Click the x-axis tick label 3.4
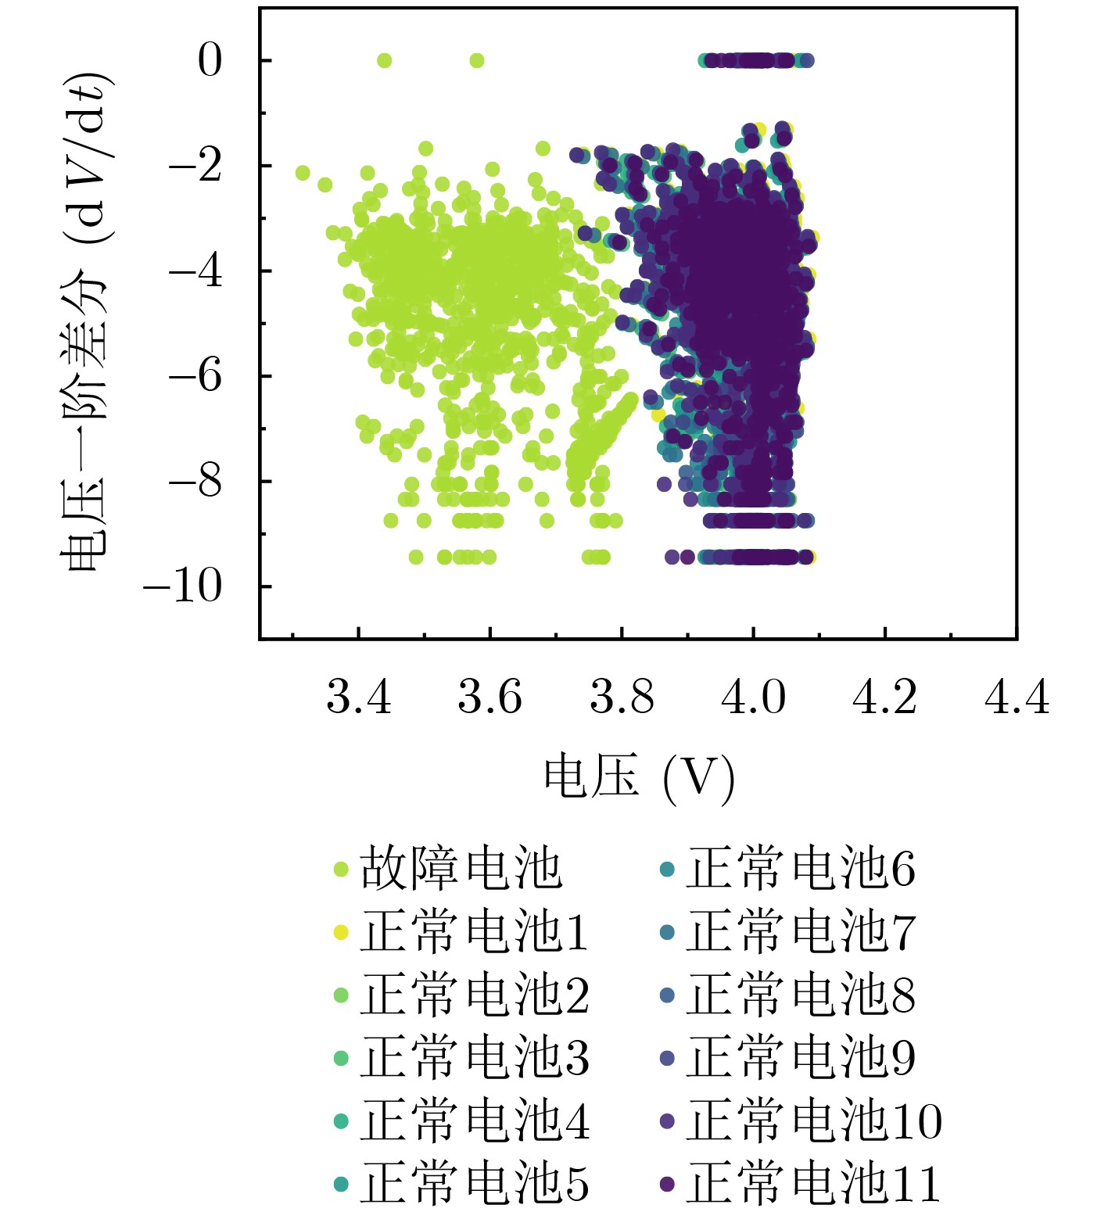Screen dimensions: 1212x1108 [x=358, y=697]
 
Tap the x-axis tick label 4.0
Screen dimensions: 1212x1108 [x=753, y=697]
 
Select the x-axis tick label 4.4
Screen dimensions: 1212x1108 [x=1016, y=697]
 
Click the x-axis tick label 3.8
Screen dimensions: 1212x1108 [x=622, y=697]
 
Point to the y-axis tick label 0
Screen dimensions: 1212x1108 [x=210, y=60]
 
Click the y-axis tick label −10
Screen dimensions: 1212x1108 [x=182, y=586]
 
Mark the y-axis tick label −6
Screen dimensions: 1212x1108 [x=195, y=376]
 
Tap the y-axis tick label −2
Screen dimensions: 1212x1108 [x=195, y=166]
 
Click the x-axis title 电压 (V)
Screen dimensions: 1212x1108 [x=640, y=777]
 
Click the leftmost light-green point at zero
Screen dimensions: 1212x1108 [x=384, y=60]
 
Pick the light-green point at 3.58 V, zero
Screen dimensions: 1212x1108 [x=477, y=60]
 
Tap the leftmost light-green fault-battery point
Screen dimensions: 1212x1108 [x=303, y=173]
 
